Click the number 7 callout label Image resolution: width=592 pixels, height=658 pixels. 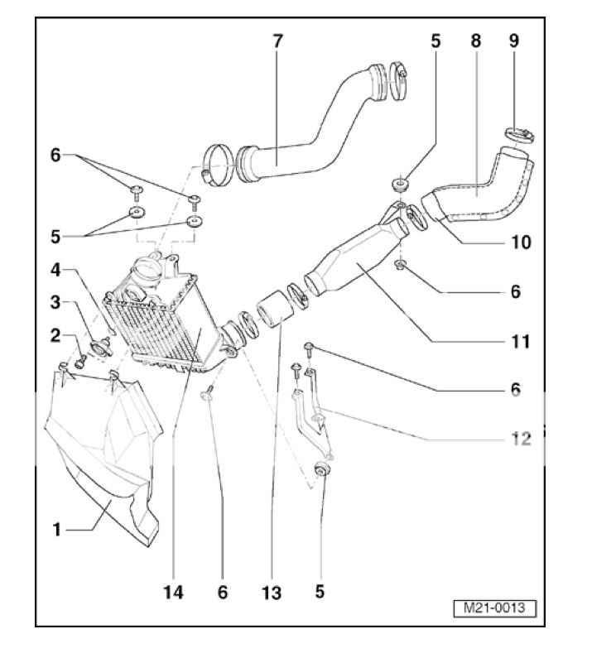277,41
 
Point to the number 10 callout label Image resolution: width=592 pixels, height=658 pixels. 520,243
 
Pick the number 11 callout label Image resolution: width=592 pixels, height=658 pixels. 520,340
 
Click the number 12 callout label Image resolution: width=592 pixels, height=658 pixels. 520,438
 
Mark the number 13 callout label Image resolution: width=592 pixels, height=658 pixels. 271,593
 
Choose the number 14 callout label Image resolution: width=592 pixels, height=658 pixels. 174,593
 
